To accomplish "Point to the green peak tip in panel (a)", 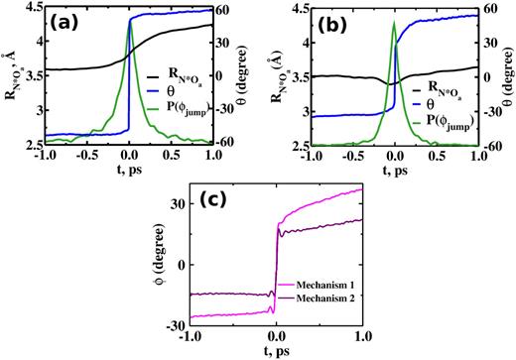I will [130, 19].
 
